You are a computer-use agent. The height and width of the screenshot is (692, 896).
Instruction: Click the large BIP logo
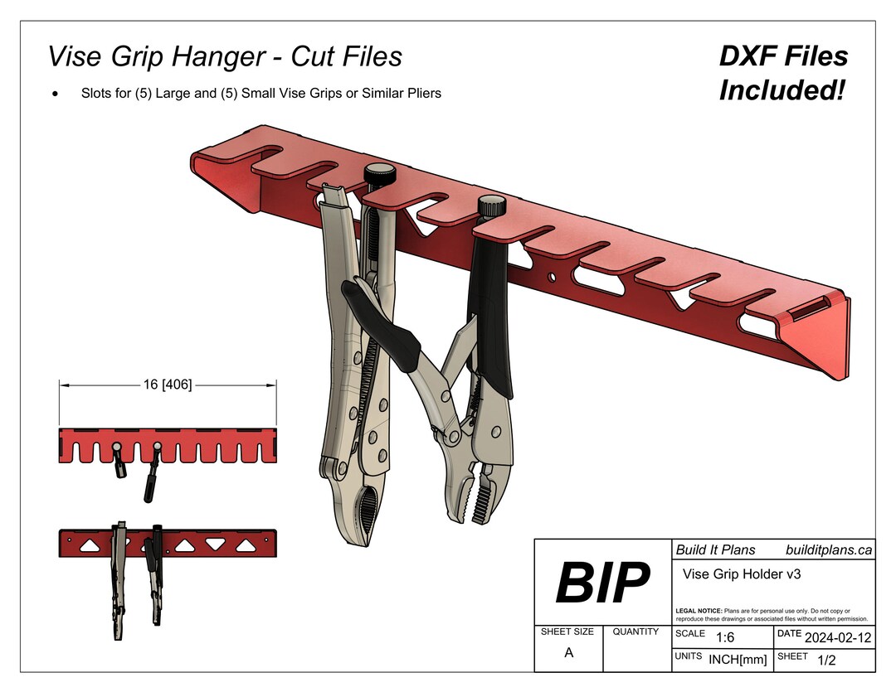602,583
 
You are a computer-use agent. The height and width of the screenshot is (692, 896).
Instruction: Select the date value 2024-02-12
837,637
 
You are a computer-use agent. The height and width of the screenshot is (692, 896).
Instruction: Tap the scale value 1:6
724,637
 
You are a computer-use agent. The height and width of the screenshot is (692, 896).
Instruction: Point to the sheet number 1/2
826,660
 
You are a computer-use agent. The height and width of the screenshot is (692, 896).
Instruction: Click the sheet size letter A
568,652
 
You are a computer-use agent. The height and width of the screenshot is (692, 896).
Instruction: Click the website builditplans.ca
828,549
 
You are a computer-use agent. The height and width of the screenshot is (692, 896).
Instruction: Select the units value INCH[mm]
738,660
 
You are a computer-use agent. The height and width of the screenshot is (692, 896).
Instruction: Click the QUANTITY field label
635,632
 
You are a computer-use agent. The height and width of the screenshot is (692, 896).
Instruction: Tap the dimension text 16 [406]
168,385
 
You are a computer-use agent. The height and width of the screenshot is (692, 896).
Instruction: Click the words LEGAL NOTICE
699,610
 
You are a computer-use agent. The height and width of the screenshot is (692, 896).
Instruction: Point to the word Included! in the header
782,90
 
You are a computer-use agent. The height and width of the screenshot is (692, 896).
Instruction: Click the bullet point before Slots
55,94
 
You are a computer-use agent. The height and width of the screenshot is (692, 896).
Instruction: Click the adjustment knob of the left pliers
380,175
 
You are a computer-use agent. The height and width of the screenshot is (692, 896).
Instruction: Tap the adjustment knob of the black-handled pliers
491,204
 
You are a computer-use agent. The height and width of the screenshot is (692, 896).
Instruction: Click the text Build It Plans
715,549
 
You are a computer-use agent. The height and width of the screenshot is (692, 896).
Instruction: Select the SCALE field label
690,633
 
